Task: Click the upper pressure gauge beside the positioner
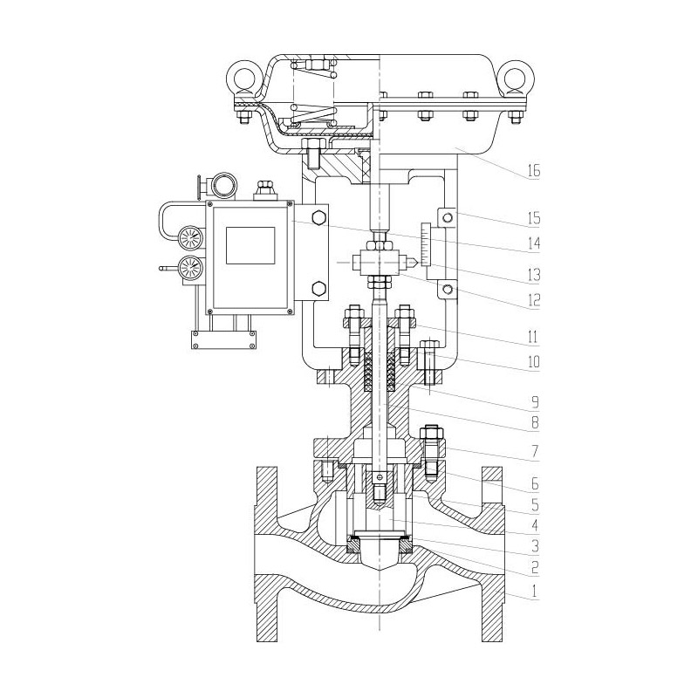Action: pyautogui.click(x=188, y=237)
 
